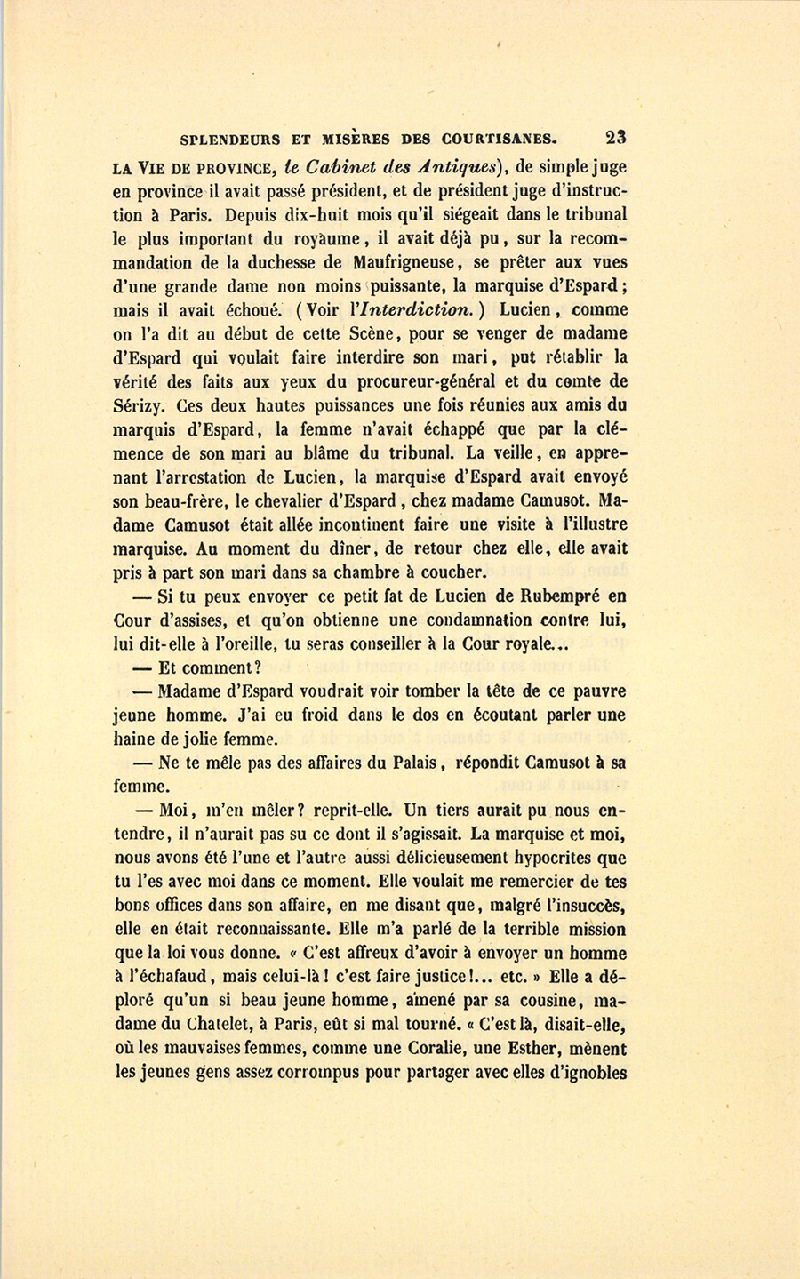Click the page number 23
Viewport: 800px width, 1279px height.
tap(616, 138)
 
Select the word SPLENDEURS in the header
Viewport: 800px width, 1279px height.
tap(230, 140)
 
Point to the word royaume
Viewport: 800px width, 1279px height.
tap(317, 238)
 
